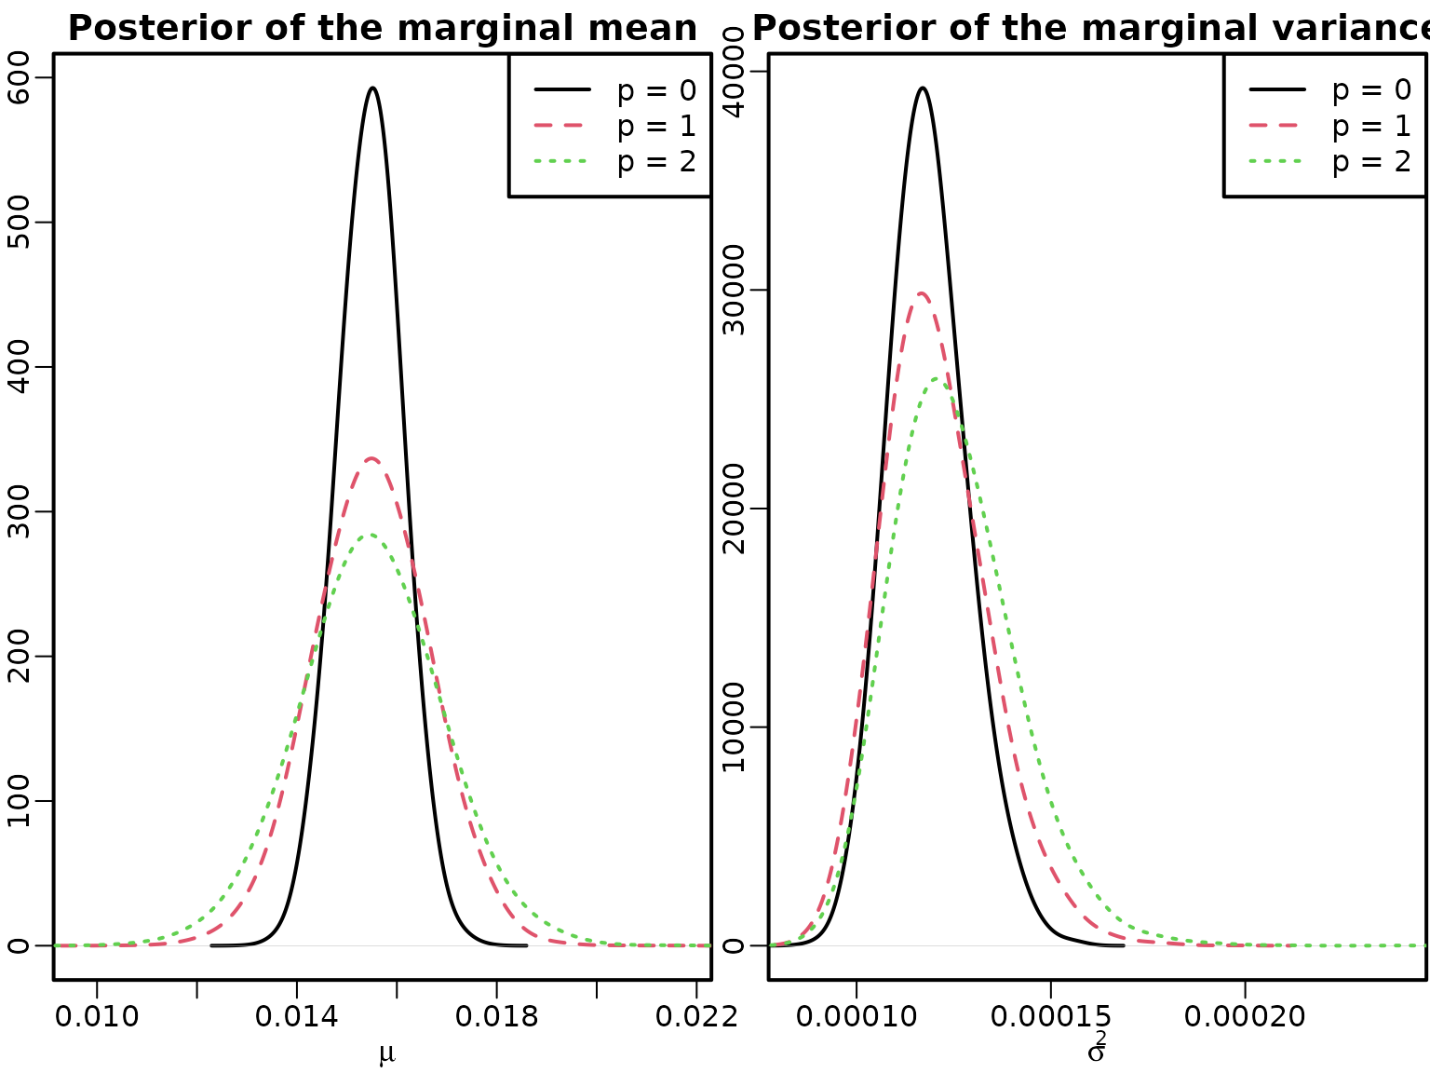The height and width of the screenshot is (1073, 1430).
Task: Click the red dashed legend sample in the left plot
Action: (559, 125)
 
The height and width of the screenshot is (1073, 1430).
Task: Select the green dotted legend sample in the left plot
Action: (560, 160)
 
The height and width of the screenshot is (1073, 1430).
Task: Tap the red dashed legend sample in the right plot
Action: (1274, 125)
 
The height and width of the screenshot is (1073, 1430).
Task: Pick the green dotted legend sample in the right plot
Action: (1275, 160)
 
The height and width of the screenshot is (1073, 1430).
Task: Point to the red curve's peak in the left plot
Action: (372, 458)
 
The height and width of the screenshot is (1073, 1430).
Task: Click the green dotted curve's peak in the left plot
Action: (371, 535)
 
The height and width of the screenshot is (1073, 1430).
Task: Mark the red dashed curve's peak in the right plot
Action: (922, 293)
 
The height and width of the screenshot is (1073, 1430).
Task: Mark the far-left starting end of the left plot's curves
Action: (57, 945)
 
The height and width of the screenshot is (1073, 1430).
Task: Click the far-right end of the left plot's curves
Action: (709, 945)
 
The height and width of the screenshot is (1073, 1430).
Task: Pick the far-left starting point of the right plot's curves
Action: (772, 945)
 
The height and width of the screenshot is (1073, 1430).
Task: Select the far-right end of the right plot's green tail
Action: (1423, 945)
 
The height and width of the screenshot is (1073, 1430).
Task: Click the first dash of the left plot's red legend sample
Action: (543, 125)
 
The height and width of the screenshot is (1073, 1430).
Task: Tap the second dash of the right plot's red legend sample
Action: (1288, 125)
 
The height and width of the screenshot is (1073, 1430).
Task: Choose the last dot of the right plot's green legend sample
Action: (1299, 160)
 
